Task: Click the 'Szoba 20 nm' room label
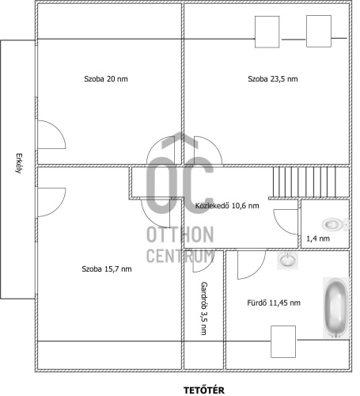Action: [106, 78]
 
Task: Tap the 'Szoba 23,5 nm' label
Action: [273, 78]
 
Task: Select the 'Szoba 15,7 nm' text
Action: [107, 268]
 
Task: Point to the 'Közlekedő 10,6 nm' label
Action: [227, 205]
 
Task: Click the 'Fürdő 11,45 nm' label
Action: [274, 303]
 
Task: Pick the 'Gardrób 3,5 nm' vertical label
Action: [203, 308]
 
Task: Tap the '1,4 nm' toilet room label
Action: [318, 238]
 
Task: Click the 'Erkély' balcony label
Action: [18, 163]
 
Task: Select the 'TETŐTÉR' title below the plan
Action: [204, 390]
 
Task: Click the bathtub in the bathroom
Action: [336, 308]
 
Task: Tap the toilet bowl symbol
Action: [335, 224]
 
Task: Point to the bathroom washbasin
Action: [287, 261]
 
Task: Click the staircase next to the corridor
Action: [310, 182]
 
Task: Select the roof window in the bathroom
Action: [283, 341]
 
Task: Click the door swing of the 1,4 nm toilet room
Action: [286, 222]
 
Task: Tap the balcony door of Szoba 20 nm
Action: [51, 135]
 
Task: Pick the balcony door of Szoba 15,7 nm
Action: [51, 202]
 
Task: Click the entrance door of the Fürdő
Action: [252, 265]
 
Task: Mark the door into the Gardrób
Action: [203, 261]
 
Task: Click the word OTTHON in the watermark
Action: [180, 234]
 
